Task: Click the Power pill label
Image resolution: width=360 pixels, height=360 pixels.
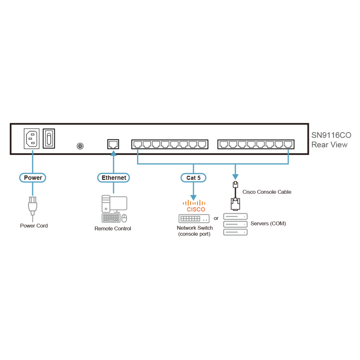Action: (x=33, y=178)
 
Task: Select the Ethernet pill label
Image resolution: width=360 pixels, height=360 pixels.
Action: (x=113, y=178)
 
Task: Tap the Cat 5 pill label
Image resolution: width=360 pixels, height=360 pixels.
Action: (x=193, y=178)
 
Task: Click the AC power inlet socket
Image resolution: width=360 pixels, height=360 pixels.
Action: (x=32, y=139)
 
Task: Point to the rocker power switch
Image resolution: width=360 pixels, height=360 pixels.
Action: (x=49, y=139)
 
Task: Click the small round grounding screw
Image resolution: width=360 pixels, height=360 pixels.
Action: (x=80, y=146)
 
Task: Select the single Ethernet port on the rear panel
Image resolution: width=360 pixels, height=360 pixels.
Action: (x=113, y=144)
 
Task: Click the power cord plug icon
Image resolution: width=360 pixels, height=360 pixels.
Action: (x=33, y=206)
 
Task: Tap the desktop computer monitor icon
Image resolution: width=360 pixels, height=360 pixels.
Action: (x=118, y=204)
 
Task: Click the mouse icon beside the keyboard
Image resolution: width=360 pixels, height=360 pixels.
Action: (x=124, y=219)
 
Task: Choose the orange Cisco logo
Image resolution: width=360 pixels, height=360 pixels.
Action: (x=194, y=206)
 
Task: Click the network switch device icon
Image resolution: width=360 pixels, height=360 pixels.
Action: (x=194, y=219)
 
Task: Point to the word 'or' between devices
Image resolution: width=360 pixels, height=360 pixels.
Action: (x=216, y=218)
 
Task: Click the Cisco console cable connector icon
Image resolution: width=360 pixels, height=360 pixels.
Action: (x=235, y=196)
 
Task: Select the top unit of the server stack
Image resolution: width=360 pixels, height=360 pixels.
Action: (x=235, y=216)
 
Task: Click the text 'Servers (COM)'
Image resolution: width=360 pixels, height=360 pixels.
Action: (x=268, y=224)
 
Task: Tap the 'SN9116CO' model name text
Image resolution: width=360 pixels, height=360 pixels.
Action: (x=331, y=135)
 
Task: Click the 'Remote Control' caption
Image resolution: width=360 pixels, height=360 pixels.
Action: (x=113, y=229)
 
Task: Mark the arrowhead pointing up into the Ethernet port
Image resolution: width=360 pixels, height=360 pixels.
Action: (x=113, y=153)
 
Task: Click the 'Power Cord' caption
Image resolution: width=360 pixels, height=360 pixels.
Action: (x=34, y=226)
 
